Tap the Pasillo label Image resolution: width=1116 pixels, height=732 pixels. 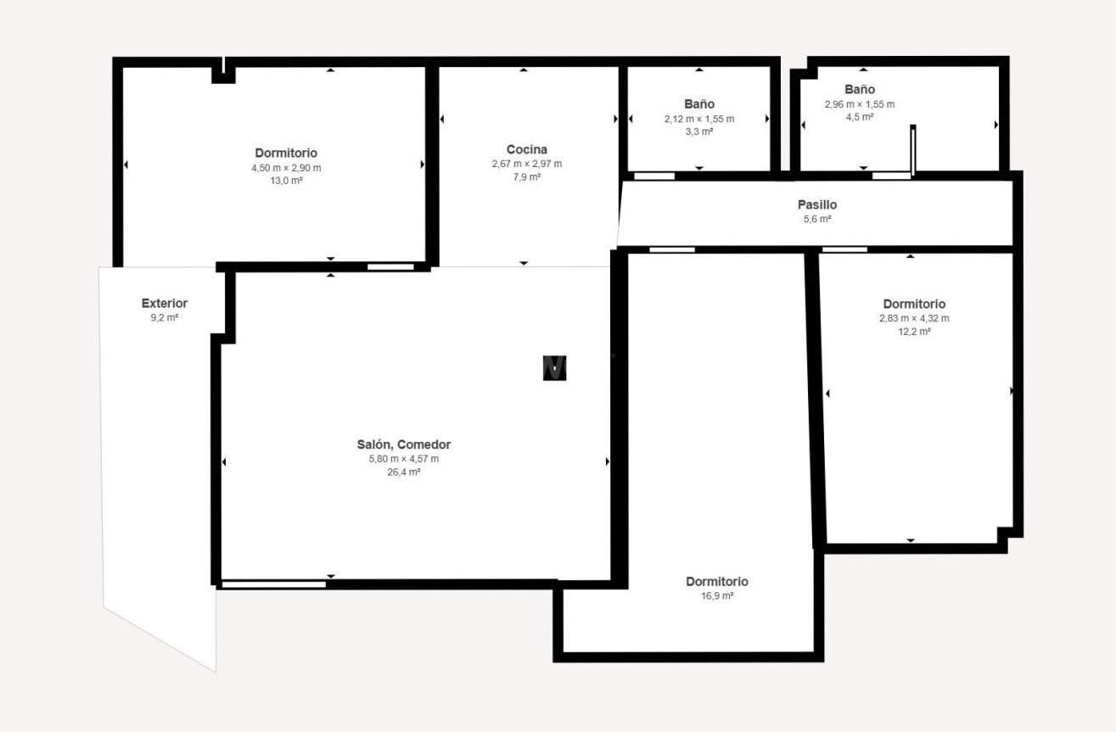pos(816,204)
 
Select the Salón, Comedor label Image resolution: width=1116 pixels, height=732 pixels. pos(403,444)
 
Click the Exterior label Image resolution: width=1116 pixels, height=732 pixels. pos(164,303)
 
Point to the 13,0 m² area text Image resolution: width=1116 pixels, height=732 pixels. pos(286,181)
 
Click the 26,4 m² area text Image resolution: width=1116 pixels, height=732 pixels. pos(403,472)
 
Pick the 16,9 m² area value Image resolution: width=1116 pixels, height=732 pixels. pos(716,596)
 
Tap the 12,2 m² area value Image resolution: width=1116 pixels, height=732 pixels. pos(913,332)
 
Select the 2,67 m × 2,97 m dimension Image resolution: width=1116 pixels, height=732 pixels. pos(526,164)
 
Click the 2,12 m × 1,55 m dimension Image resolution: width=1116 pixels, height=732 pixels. pos(698,119)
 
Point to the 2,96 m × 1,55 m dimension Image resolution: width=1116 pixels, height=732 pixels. pos(859,104)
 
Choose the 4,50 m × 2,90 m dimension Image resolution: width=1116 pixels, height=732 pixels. pos(286,168)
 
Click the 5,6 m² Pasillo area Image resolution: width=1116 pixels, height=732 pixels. pos(816,219)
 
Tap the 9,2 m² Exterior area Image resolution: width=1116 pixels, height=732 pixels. pos(164,317)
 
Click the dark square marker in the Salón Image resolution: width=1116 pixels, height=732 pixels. pos(554,367)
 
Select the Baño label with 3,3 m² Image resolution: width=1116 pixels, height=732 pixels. pos(698,104)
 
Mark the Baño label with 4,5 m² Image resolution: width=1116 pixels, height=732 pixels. pos(859,89)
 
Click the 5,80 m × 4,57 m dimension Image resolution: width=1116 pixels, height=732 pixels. pos(403,459)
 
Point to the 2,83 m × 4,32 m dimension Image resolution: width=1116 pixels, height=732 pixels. pos(913,318)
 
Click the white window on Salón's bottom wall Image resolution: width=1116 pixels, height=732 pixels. pos(273,584)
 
